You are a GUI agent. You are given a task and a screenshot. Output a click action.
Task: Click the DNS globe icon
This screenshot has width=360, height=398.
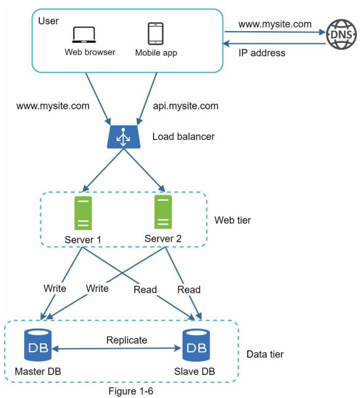[341, 35]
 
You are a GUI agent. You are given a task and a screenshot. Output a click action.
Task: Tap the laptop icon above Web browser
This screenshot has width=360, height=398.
[84, 35]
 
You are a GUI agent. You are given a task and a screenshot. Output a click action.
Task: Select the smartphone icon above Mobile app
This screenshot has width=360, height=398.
[155, 33]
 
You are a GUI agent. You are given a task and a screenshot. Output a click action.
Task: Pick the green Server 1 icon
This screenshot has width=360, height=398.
[83, 213]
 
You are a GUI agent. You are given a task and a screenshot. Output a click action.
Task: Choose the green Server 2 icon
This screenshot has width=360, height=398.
[163, 212]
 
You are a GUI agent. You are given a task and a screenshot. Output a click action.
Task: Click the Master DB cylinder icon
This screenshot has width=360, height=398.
[38, 345]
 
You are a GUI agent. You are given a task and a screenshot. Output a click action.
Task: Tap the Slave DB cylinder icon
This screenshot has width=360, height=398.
[196, 345]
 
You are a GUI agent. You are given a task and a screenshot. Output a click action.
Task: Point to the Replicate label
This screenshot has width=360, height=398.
[127, 340]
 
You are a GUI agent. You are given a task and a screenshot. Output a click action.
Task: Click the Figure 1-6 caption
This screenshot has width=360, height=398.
[131, 391]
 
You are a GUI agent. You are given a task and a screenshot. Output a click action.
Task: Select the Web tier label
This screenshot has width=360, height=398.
[233, 220]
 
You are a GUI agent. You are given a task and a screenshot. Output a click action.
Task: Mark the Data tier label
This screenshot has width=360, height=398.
[265, 354]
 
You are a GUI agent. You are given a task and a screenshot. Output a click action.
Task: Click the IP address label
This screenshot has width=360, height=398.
[262, 53]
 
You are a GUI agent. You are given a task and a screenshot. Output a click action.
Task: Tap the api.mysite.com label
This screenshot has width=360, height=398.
[186, 106]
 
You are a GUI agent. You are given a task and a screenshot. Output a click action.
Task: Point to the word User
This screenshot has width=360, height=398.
[49, 21]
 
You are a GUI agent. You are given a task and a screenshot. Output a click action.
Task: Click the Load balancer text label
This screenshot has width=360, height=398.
[184, 137]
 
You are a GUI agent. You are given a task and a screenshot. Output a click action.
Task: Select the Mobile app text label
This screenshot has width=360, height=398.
[156, 53]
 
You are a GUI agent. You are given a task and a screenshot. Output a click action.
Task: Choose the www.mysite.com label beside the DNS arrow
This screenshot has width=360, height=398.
[275, 25]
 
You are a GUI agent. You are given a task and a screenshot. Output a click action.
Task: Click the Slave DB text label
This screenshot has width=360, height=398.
[195, 372]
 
